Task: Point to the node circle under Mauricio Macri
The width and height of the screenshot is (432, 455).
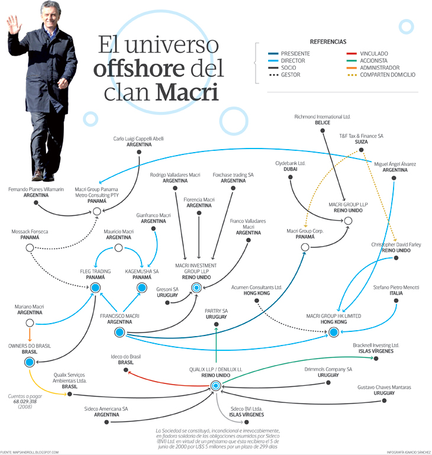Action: (x=118, y=248)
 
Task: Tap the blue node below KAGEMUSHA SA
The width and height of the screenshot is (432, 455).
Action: (x=142, y=288)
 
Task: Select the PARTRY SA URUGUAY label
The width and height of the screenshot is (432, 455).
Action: (x=216, y=314)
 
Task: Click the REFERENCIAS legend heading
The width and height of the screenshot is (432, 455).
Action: (x=328, y=42)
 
